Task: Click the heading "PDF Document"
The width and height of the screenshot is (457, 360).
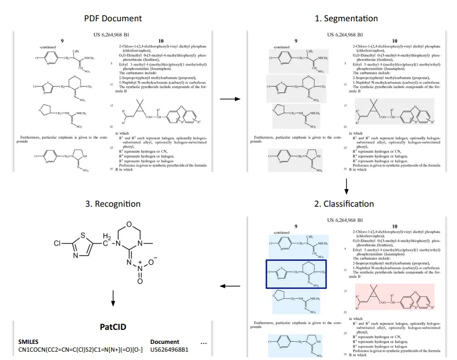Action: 113,18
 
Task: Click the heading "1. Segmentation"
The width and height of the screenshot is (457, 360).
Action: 346,18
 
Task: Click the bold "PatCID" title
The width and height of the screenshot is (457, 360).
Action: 113,327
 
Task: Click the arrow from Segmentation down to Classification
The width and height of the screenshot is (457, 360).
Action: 346,185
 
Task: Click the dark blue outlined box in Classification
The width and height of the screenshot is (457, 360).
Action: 296,274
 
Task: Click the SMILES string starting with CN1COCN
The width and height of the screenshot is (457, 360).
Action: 77,350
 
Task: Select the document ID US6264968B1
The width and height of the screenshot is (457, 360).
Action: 169,350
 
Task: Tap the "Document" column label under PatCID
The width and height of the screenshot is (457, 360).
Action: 164,342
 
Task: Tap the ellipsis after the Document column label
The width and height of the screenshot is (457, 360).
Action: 203,342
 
